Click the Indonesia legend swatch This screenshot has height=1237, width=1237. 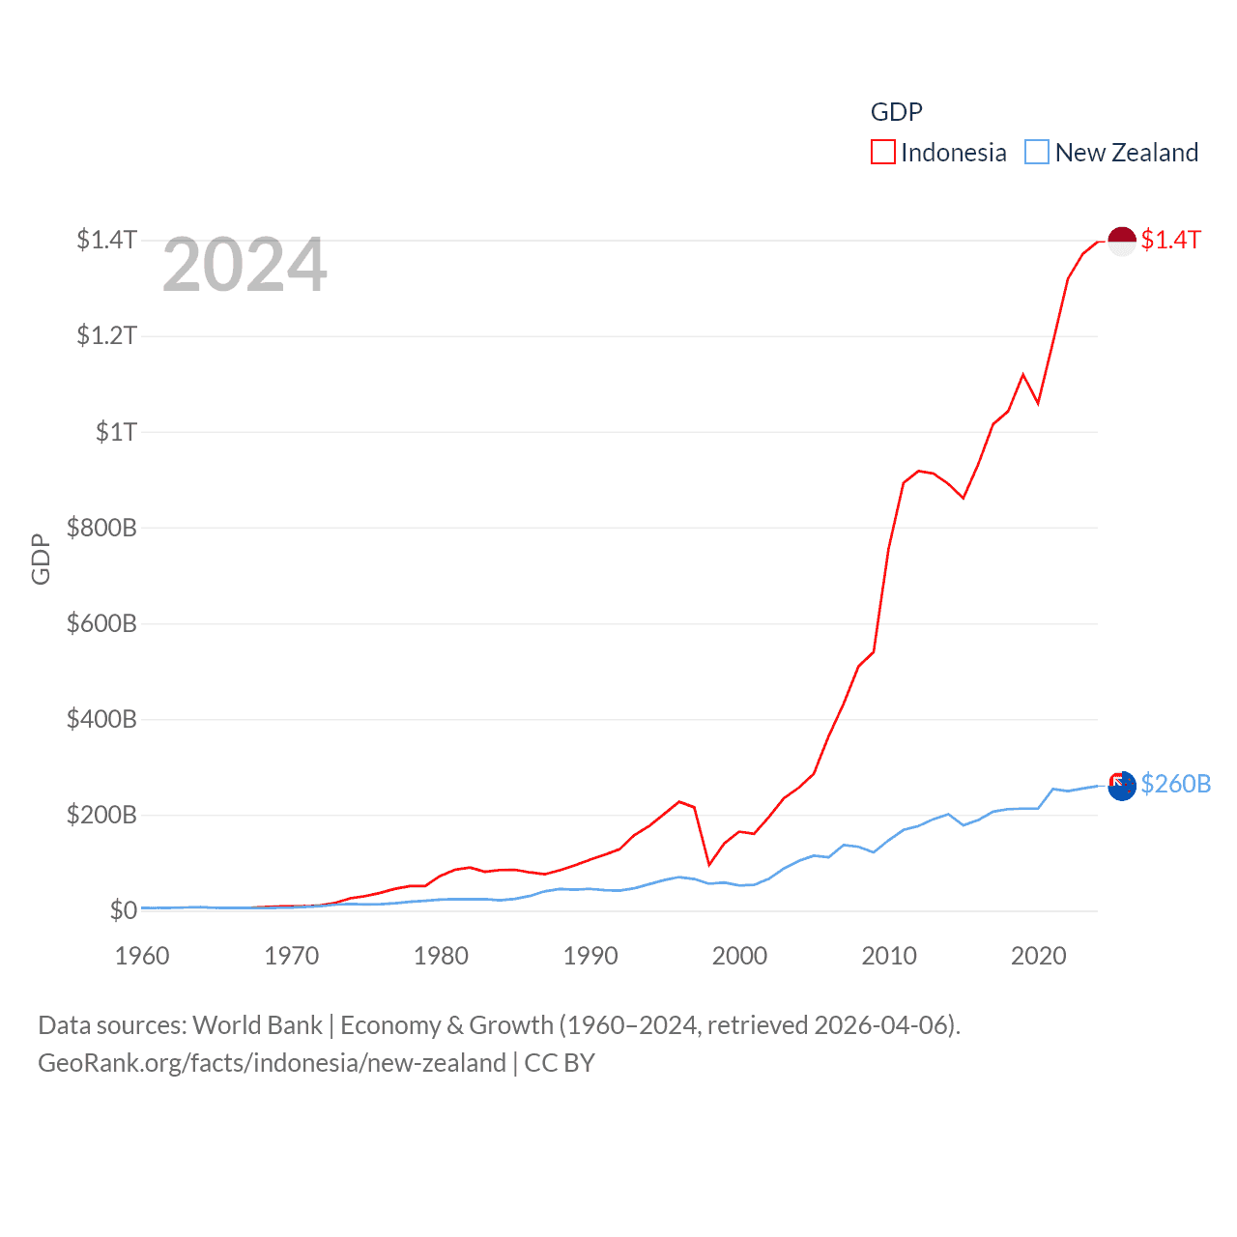pyautogui.click(x=883, y=153)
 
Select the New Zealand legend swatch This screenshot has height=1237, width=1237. pyautogui.click(x=1037, y=153)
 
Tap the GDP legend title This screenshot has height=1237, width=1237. pyautogui.click(x=896, y=112)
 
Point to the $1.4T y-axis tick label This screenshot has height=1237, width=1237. pyautogui.click(x=106, y=240)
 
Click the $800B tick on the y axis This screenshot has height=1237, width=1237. pyautogui.click(x=101, y=528)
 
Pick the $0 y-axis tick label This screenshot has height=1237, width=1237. pyautogui.click(x=123, y=910)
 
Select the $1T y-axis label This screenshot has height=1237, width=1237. pyautogui.click(x=116, y=432)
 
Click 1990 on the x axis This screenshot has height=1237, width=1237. pyautogui.click(x=590, y=956)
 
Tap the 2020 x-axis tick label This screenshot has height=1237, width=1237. pyautogui.click(x=1038, y=956)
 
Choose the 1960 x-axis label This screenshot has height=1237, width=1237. pyautogui.click(x=142, y=956)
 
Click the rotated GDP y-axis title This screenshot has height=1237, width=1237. pyautogui.click(x=41, y=559)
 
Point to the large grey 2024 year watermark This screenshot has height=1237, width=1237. pyautogui.click(x=245, y=265)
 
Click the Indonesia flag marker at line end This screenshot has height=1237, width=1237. pyautogui.click(x=1121, y=241)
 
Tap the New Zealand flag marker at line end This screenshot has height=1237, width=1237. pyautogui.click(x=1121, y=786)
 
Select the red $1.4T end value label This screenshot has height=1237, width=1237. pyautogui.click(x=1170, y=240)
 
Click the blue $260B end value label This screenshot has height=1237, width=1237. pyautogui.click(x=1175, y=784)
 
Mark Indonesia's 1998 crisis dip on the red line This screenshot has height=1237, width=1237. pyautogui.click(x=709, y=864)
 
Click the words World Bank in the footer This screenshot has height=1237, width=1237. pyautogui.click(x=257, y=1025)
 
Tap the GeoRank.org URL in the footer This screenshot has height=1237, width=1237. pyautogui.click(x=272, y=1063)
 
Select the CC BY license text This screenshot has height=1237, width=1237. pyautogui.click(x=560, y=1063)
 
